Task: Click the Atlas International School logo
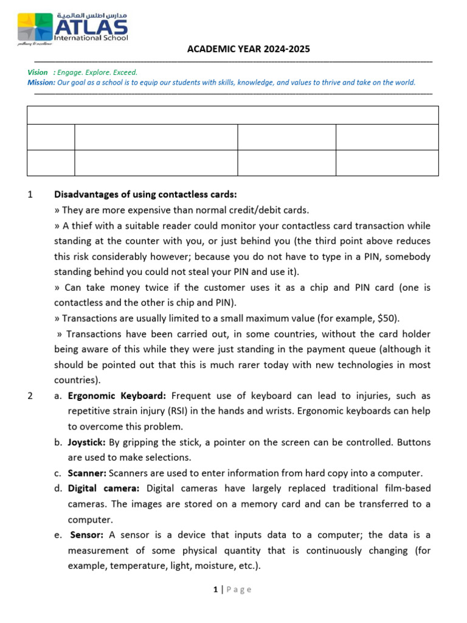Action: [73, 28]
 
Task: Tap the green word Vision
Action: [38, 72]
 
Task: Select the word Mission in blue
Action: [41, 83]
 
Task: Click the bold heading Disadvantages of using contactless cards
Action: [145, 195]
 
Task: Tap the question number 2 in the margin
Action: [30, 396]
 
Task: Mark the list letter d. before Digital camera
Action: [58, 489]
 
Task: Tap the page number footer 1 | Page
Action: [233, 589]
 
